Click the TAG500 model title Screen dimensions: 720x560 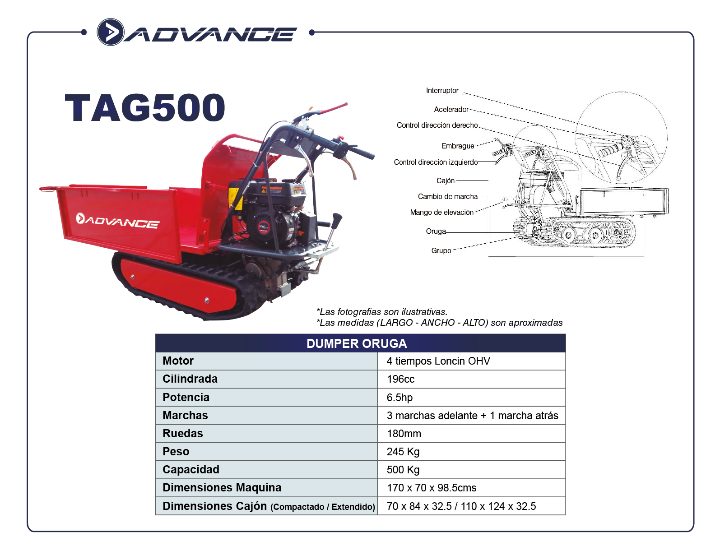pos(145,108)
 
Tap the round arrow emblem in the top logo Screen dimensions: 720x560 pos(110,32)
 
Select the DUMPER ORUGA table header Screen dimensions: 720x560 pos(357,343)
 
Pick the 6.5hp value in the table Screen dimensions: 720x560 pos(399,398)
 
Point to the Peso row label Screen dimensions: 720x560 pos(176,451)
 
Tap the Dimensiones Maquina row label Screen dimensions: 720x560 pos(222,487)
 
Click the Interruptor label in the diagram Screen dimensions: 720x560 pos(442,90)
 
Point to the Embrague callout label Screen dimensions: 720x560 pos(458,146)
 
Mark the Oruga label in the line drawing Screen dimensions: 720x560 pos(436,231)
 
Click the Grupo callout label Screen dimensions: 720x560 pos(441,251)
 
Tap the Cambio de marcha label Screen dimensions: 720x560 pos(448,196)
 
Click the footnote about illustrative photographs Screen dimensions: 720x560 pos(382,312)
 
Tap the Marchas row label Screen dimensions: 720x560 pos(185,415)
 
